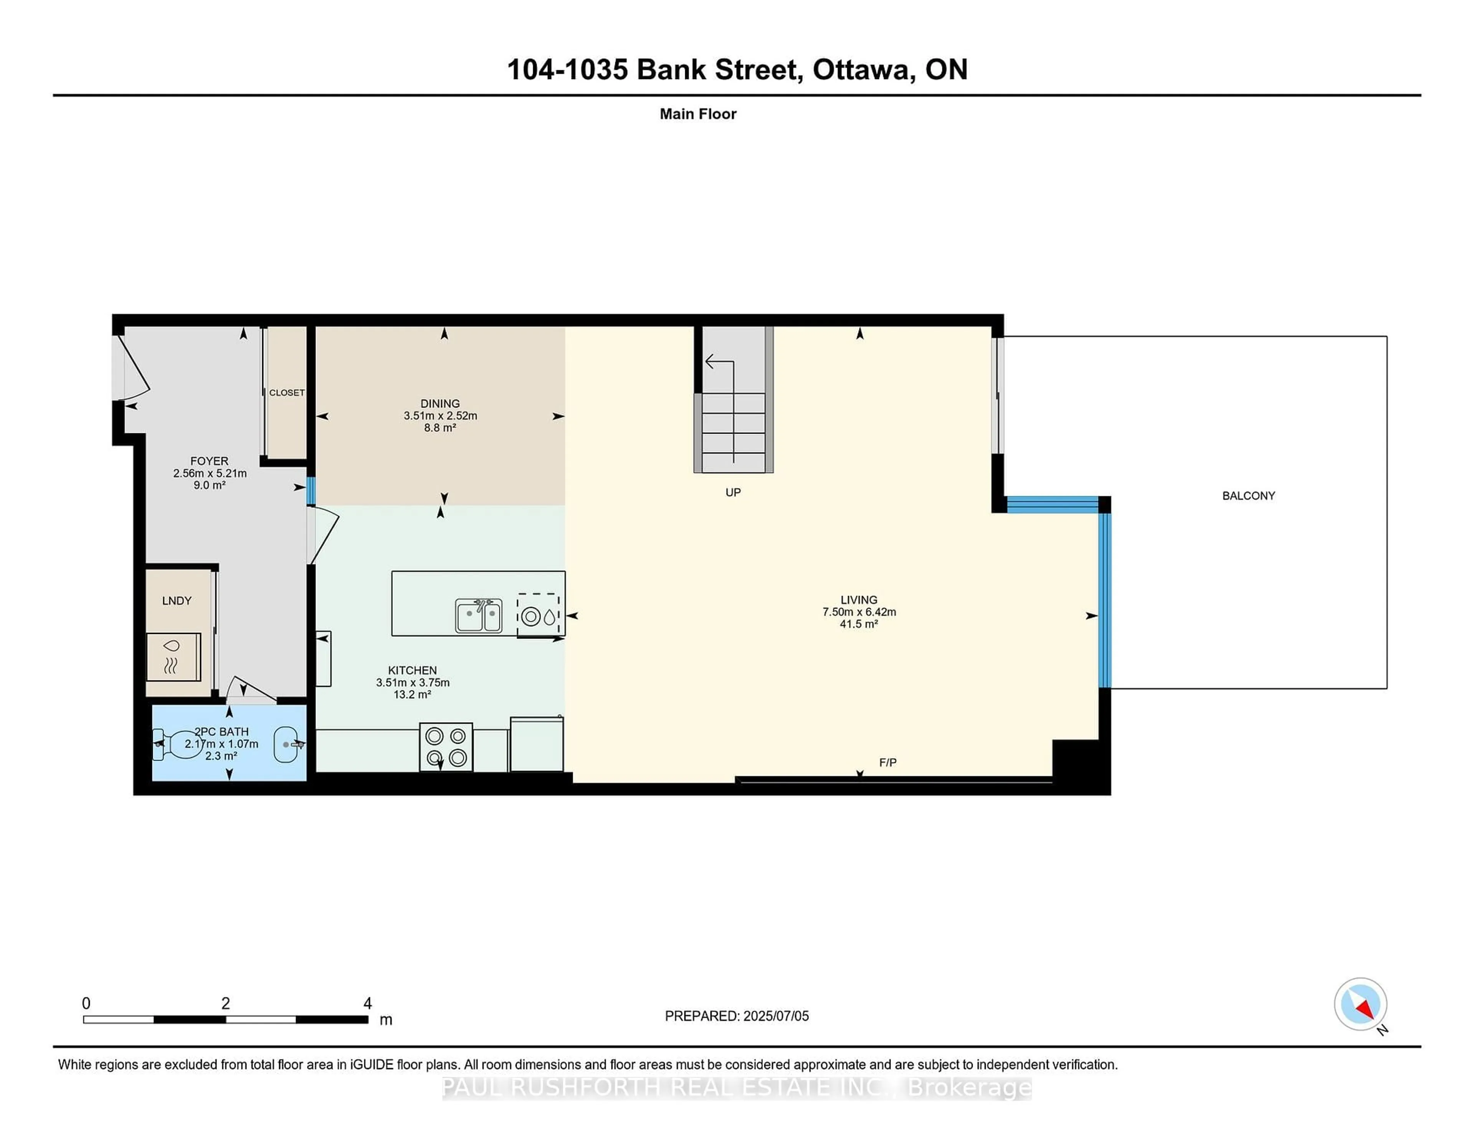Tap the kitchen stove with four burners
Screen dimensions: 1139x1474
click(445, 746)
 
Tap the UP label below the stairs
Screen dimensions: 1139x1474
click(732, 493)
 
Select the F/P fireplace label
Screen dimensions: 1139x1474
click(887, 763)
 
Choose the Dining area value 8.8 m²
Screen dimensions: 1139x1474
click(440, 428)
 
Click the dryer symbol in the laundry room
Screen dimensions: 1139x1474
click(173, 657)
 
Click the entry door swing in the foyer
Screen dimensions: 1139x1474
click(134, 368)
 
